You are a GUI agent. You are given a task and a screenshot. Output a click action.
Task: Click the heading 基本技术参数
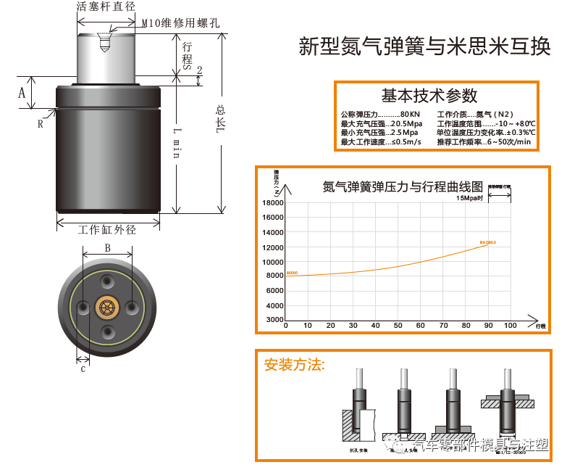429,95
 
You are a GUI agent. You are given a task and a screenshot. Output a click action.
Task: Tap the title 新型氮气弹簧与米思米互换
424,47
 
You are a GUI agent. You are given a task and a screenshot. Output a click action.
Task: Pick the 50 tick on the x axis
398,326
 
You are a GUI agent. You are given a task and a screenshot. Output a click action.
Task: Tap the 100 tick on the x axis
510,326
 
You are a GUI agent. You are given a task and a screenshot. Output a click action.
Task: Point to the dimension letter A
22,93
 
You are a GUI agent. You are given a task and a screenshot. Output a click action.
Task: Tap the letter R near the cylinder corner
41,123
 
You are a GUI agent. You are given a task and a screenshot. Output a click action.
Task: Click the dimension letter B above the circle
107,248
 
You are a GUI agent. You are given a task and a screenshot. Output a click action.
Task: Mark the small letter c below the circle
83,368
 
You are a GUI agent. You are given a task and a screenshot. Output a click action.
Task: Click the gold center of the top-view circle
107,307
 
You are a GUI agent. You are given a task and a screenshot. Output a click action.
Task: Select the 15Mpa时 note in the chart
469,197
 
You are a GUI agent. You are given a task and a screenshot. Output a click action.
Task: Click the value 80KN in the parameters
409,115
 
